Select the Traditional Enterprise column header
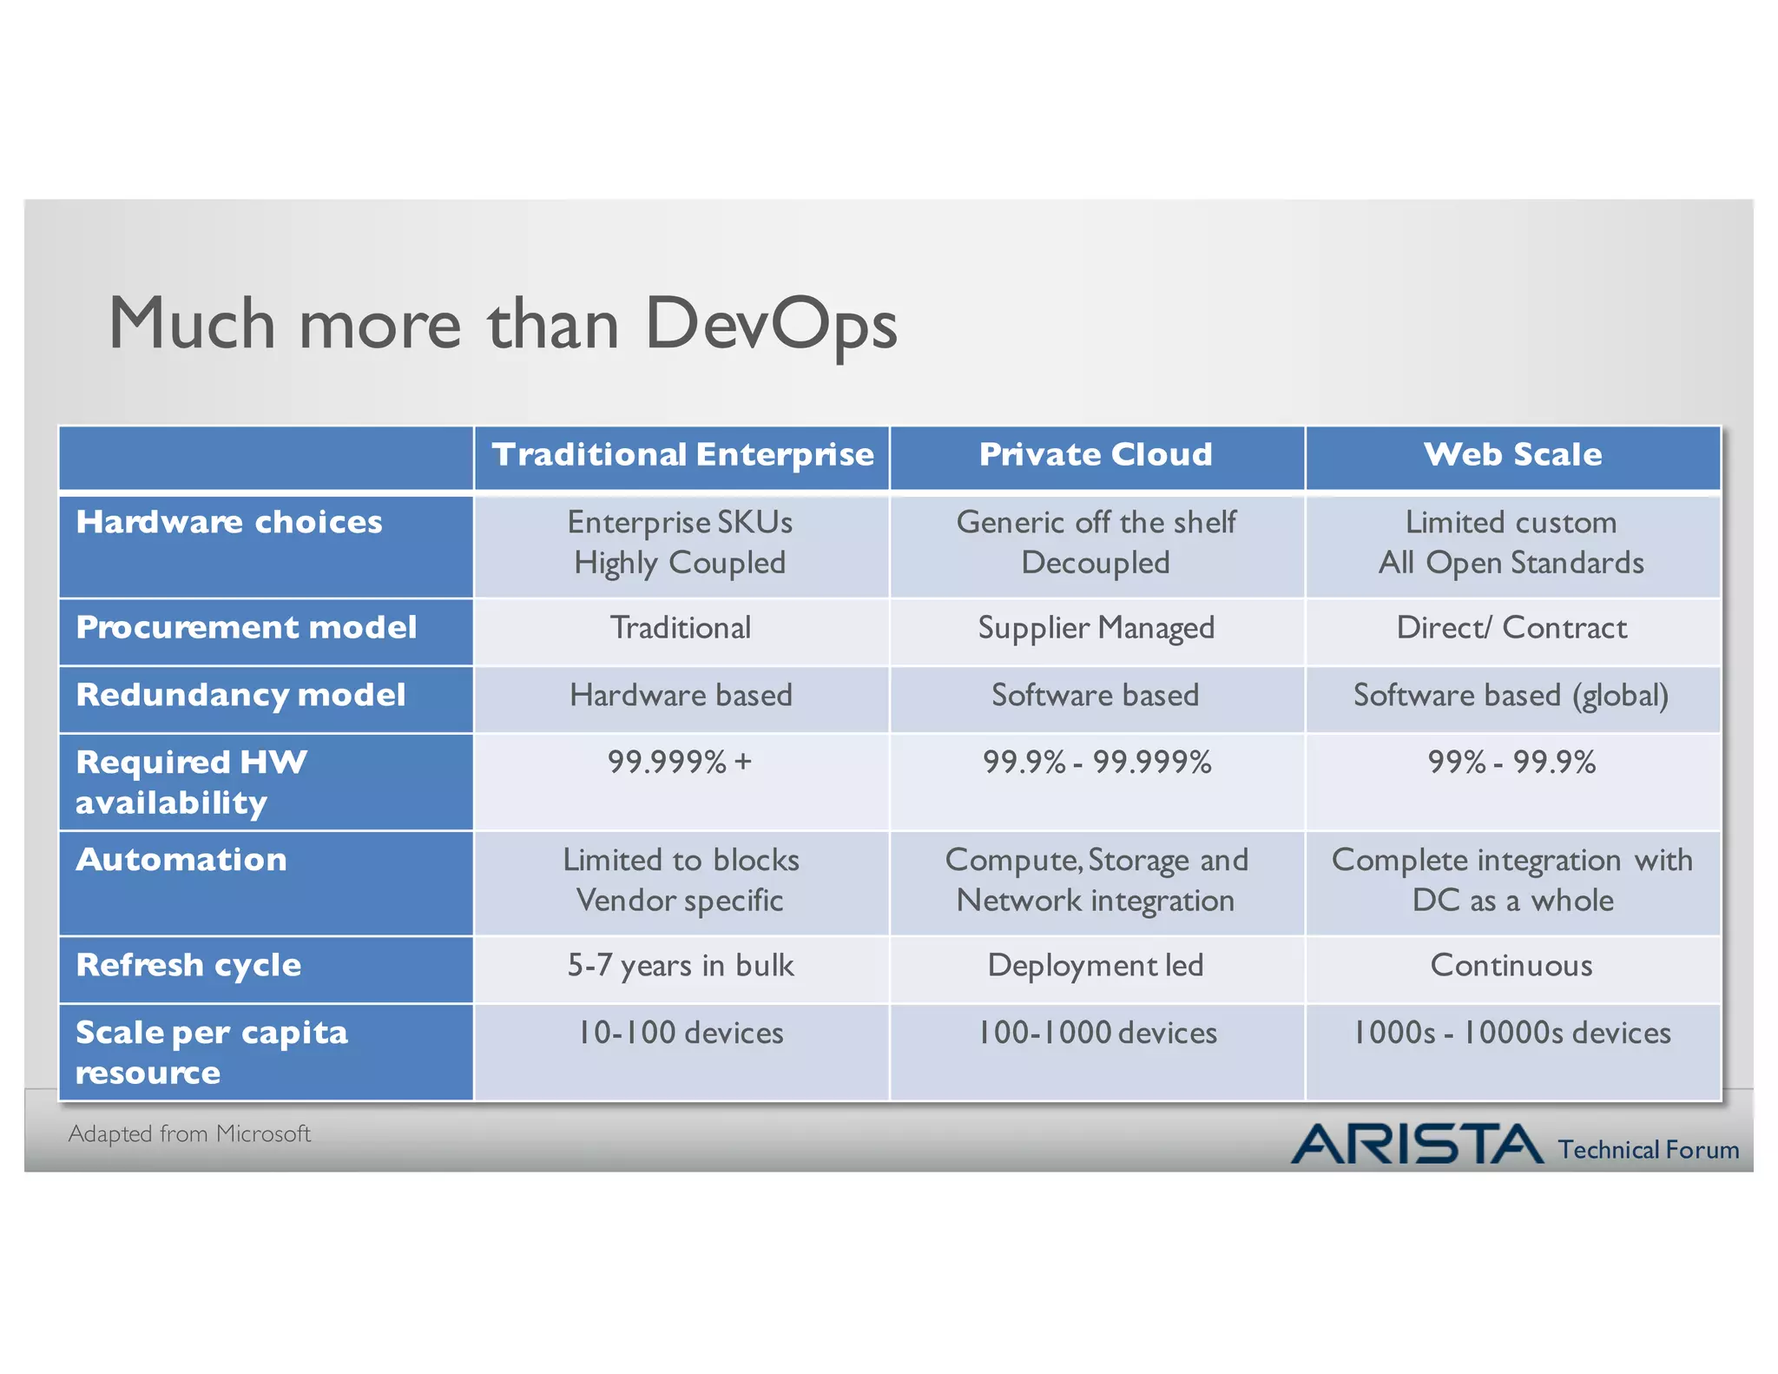click(x=682, y=454)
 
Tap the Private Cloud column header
click(x=1096, y=454)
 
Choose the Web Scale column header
click(x=1512, y=454)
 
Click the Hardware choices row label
click(x=229, y=522)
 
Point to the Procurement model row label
click(x=247, y=627)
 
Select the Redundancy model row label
click(x=240, y=695)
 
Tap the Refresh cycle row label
click(x=188, y=965)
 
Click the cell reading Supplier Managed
click(x=1096, y=628)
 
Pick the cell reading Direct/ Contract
click(x=1511, y=628)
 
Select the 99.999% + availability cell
click(x=680, y=763)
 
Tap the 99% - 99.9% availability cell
click(x=1511, y=763)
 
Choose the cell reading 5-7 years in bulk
click(x=681, y=966)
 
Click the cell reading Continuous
click(x=1511, y=966)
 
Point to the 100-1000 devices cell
click(x=1097, y=1033)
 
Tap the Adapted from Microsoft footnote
click(x=189, y=1133)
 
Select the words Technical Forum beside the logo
click(x=1648, y=1150)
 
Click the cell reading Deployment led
click(x=1096, y=966)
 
